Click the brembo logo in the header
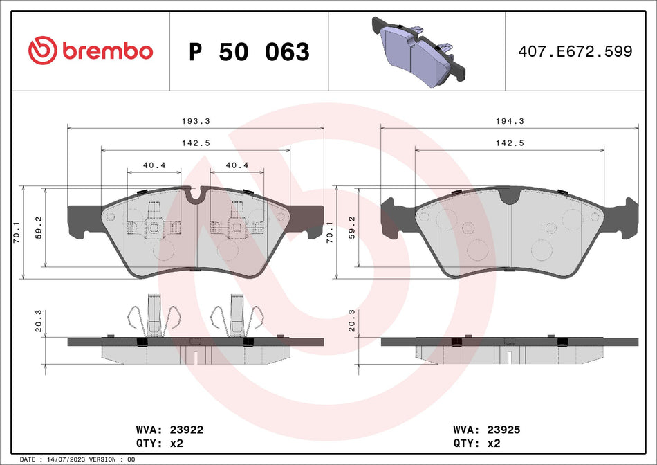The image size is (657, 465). tap(90, 51)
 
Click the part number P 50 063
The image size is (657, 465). tap(249, 52)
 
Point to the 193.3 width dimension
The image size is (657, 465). tap(196, 120)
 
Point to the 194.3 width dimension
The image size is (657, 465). tap(510, 120)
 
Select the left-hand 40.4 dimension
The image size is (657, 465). tap(154, 165)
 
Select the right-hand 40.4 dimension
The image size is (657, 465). tap(237, 165)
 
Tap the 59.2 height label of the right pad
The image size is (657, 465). tap(353, 226)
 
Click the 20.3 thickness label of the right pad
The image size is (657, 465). tap(353, 321)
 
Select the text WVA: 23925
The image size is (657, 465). tap(486, 430)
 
